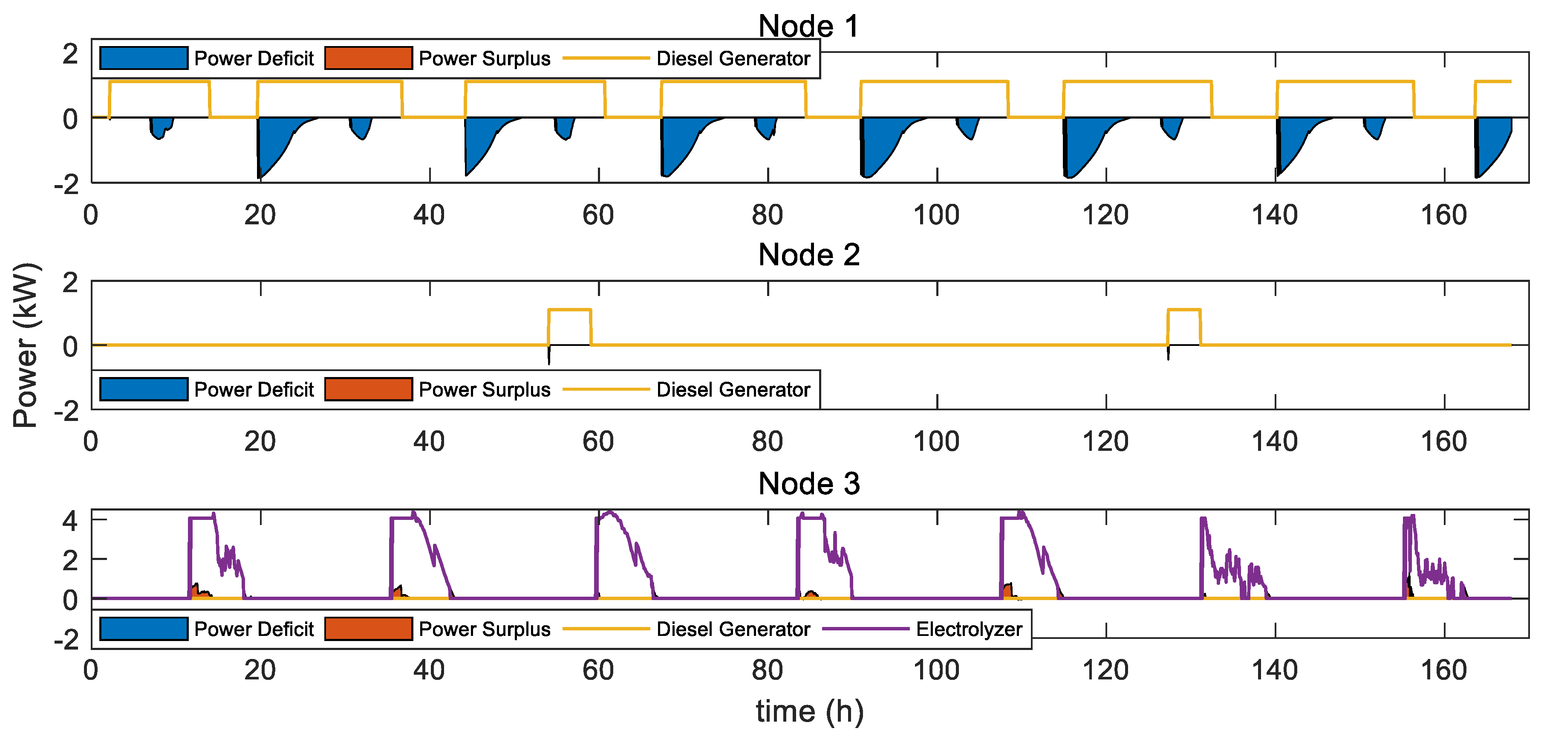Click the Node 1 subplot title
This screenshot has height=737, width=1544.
pos(808,26)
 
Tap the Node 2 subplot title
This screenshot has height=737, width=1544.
pos(808,255)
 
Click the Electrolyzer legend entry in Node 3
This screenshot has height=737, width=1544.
pos(969,629)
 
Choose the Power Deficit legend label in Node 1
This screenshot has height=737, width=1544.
pos(254,59)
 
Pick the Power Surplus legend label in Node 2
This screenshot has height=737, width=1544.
pos(484,390)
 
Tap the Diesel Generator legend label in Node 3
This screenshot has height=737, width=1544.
pos(733,629)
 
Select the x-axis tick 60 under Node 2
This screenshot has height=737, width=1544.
pos(598,442)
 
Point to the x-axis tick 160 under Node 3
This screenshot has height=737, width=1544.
pos(1443,670)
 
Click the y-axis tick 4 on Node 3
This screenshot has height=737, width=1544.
pos(70,520)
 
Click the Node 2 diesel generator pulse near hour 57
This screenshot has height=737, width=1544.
pos(569,310)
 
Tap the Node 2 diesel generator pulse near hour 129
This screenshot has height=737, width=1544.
pos(1184,310)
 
